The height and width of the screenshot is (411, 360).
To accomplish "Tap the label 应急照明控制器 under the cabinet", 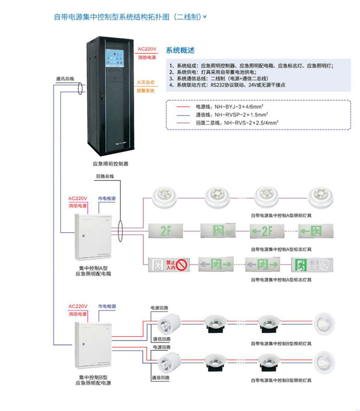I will point(110,164).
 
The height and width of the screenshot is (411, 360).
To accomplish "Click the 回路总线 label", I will point(105,176).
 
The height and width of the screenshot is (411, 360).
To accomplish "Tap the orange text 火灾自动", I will point(146,82).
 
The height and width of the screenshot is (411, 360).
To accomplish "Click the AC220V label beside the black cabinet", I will point(147,50).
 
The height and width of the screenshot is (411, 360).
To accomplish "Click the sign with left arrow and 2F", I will point(266,230).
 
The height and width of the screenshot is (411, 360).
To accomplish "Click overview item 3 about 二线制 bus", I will point(222,79).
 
